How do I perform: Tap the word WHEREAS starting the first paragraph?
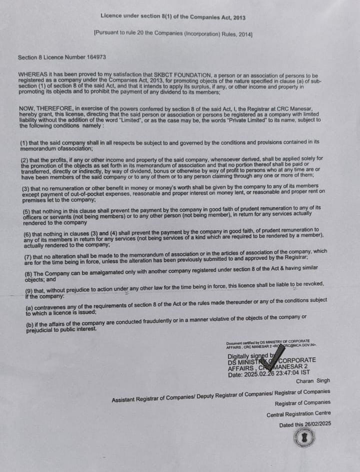tap(33, 75)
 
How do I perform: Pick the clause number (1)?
tap(24, 143)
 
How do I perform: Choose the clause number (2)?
tap(25, 159)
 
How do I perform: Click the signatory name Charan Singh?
tap(312, 381)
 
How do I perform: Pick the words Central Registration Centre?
tap(298, 414)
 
